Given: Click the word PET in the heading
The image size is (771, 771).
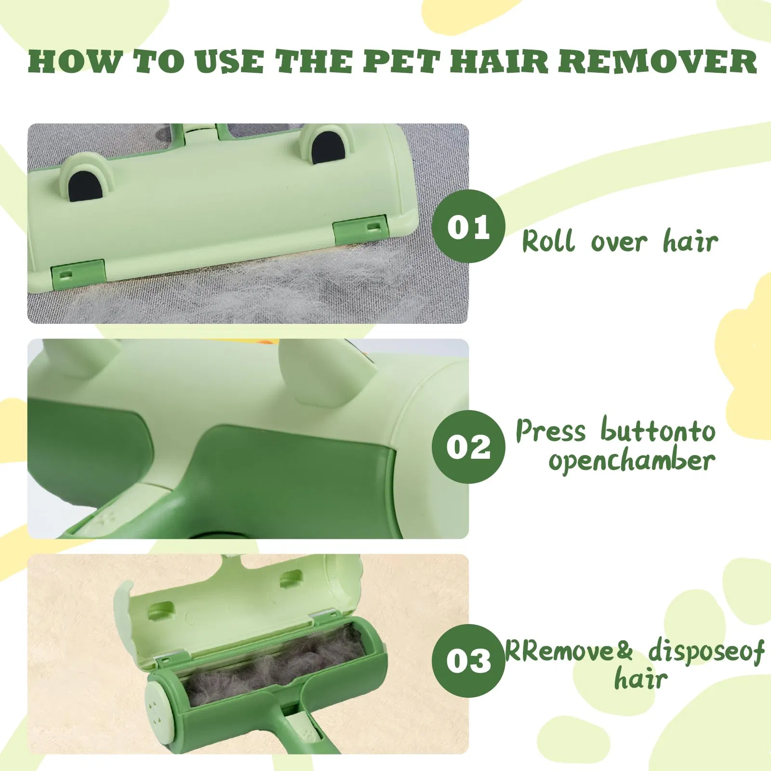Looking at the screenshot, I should coord(401,62).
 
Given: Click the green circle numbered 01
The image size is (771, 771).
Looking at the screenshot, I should coord(468,226).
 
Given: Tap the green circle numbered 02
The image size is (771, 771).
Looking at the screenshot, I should coord(468,447).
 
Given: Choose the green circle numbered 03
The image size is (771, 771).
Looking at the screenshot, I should coord(468,660).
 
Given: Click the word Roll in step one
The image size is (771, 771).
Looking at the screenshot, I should coord(548,240).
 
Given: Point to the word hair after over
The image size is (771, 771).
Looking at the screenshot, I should coord(691,240).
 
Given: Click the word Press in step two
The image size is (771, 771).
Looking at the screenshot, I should coord(550,430).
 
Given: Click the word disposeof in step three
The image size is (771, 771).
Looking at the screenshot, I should coord(706,651).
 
